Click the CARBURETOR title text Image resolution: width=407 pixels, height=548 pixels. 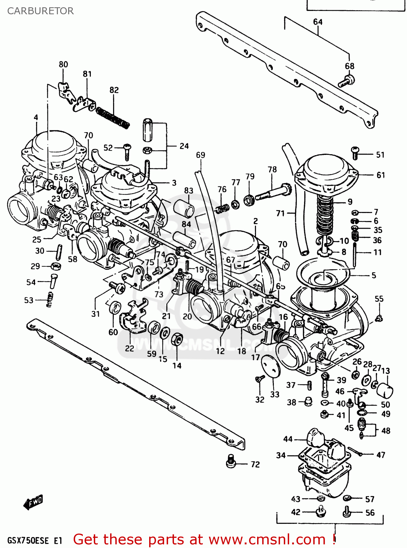(x=40, y=11)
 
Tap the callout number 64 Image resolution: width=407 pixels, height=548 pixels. (x=318, y=22)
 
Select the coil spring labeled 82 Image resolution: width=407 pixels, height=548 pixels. (x=113, y=117)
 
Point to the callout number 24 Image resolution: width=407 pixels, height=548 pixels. (x=184, y=146)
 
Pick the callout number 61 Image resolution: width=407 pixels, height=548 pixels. (x=381, y=175)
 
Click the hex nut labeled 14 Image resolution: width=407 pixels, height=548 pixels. (x=177, y=339)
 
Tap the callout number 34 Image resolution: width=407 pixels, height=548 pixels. (x=280, y=455)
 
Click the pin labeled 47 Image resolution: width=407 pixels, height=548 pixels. (x=354, y=451)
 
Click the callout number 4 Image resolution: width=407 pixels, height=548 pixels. (x=36, y=118)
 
